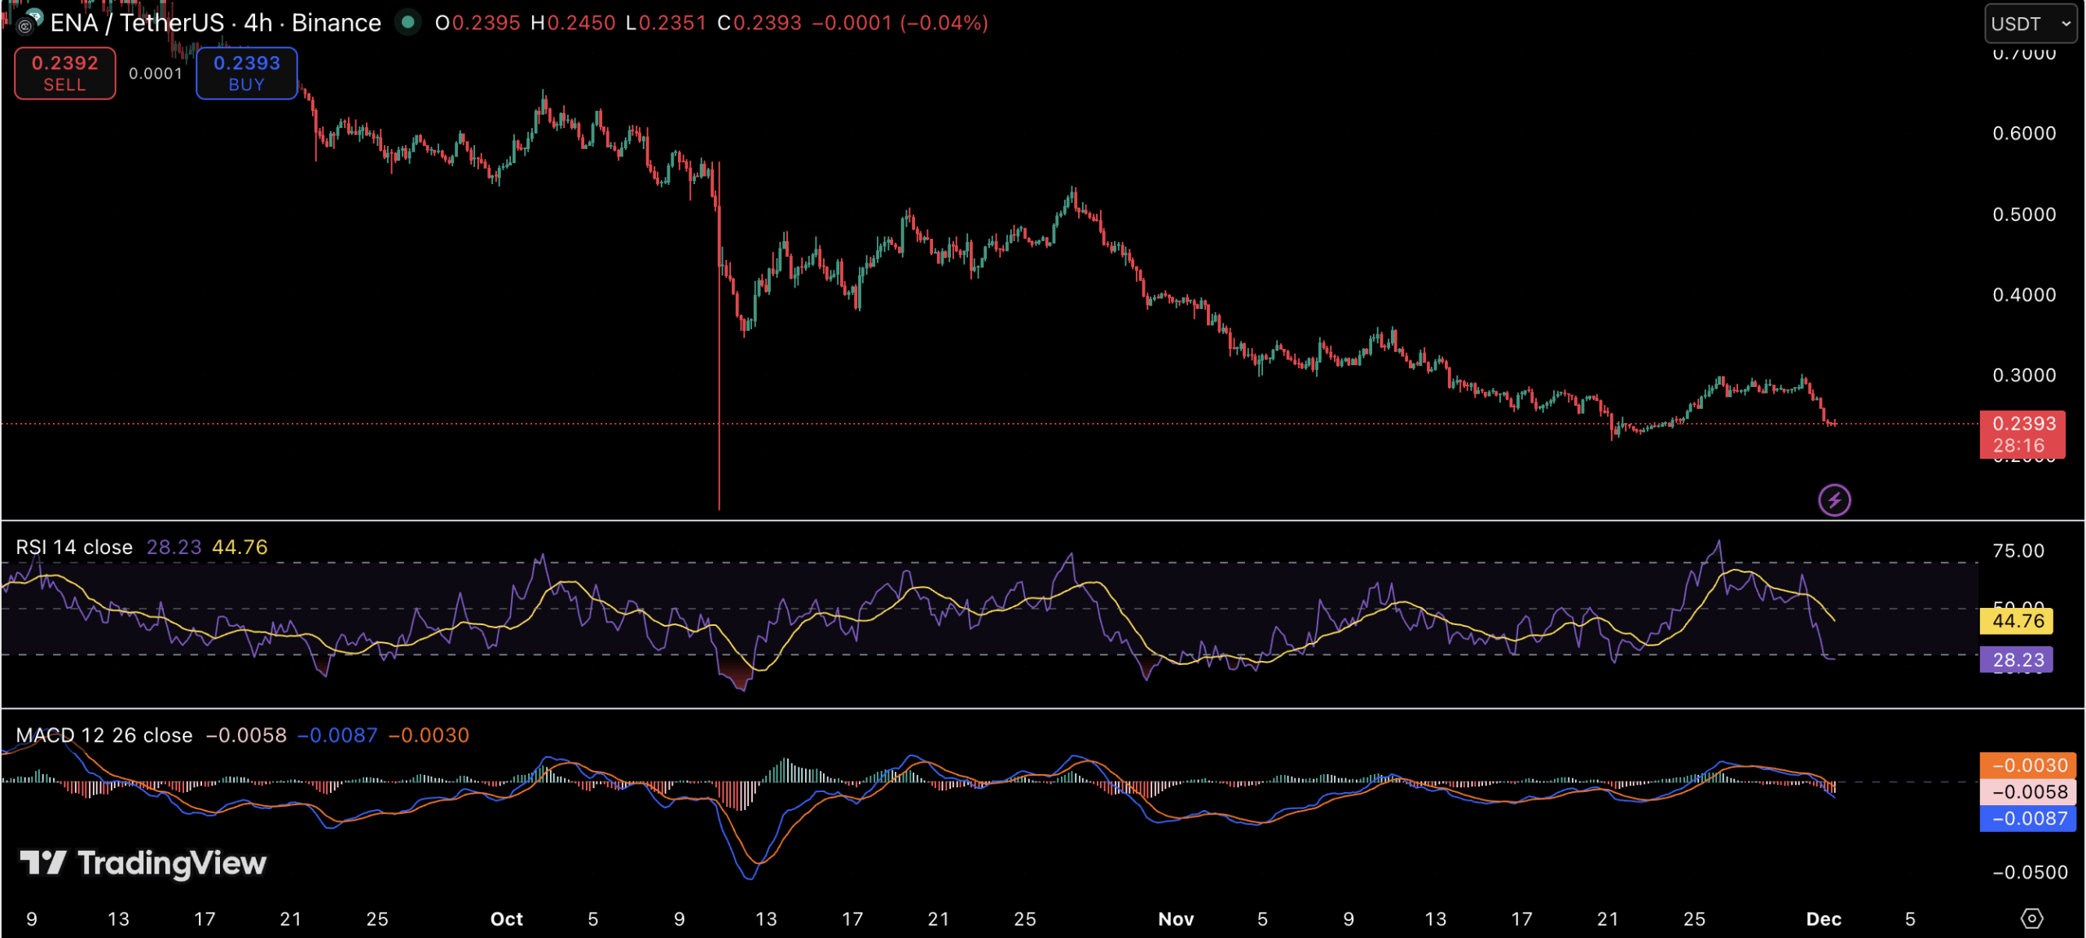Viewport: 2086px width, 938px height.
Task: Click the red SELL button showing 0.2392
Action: (x=64, y=73)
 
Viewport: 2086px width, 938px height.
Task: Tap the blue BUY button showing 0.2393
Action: (x=246, y=73)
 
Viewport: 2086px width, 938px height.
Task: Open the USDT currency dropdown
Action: (x=2029, y=24)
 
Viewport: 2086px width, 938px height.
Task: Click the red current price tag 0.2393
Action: (x=2022, y=434)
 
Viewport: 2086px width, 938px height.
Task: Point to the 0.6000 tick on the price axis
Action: (x=2024, y=133)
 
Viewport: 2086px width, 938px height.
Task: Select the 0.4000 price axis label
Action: (x=2024, y=294)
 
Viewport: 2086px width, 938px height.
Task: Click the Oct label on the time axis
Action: (x=506, y=919)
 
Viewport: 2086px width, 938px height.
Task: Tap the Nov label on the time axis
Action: (x=1176, y=919)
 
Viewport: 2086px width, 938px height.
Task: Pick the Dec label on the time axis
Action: (x=1823, y=919)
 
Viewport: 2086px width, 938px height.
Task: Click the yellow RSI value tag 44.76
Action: (x=2017, y=621)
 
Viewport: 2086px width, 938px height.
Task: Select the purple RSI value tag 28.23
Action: (x=2017, y=659)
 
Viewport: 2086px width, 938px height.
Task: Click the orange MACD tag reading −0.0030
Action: (x=2028, y=765)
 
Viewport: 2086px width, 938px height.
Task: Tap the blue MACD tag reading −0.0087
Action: (x=2028, y=818)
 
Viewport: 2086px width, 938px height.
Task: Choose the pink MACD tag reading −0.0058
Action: (x=2028, y=791)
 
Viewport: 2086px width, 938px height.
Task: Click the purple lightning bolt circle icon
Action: (x=1834, y=500)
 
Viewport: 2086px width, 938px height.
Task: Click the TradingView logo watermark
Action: (x=143, y=863)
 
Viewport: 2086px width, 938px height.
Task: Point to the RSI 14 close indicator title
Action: (x=74, y=547)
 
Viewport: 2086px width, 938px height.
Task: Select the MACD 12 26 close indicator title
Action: (x=104, y=735)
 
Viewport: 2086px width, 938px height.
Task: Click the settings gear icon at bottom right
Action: (x=2031, y=918)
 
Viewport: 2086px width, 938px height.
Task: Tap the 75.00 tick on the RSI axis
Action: (x=2018, y=551)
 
